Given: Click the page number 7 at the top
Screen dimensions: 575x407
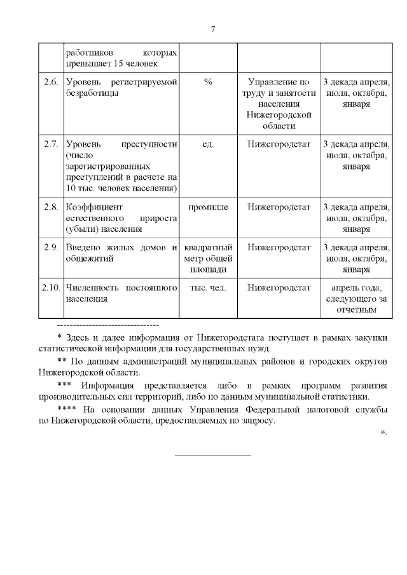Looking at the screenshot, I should tap(213, 28).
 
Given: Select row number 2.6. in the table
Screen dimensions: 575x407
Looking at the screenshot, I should tap(51, 82).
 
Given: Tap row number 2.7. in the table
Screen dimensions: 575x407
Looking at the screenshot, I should tap(51, 144).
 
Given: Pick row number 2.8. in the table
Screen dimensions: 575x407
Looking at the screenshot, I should tap(51, 206).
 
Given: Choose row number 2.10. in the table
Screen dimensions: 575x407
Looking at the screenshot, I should tap(51, 288).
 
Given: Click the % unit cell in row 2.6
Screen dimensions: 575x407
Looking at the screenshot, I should tap(208, 82).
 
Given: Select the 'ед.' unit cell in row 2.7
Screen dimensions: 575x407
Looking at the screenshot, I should tap(208, 144).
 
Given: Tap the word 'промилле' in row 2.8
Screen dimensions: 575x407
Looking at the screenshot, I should tap(208, 206).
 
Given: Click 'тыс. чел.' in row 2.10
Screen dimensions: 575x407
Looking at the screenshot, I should tap(208, 288).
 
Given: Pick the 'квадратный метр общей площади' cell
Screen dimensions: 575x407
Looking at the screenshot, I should tap(208, 258).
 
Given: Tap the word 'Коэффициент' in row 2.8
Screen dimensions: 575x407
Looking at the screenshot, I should tap(93, 206).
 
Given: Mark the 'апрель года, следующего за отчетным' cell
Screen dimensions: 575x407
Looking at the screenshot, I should tap(354, 299).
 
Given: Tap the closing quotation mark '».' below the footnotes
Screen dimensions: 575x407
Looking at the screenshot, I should tap(383, 433).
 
